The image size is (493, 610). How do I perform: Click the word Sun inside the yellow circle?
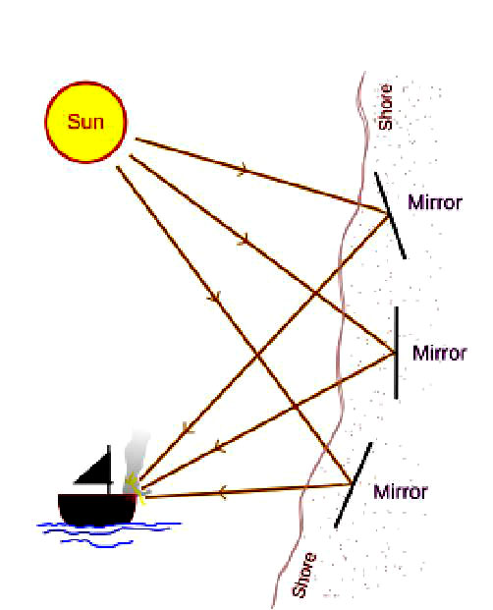pos(85,122)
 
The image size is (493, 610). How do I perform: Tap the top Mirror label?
pos(435,202)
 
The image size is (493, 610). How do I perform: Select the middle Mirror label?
pos(439,354)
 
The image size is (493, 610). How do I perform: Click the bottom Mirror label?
pos(401,492)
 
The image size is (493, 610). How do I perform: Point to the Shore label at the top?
pos(385,107)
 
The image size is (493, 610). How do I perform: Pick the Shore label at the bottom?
pos(304,575)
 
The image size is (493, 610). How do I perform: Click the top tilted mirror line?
pos(390,215)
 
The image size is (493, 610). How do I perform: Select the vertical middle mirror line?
pos(396,353)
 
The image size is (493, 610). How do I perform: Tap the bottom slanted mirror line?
pos(354,484)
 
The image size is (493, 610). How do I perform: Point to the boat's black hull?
pos(97,509)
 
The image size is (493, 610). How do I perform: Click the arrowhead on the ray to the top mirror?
pos(242,169)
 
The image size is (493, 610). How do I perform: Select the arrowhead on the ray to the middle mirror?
pos(243,240)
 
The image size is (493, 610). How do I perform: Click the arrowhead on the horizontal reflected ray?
pos(222,492)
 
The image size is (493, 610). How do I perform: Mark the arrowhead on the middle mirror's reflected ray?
pos(219,445)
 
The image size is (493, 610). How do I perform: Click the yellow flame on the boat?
pos(137,488)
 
